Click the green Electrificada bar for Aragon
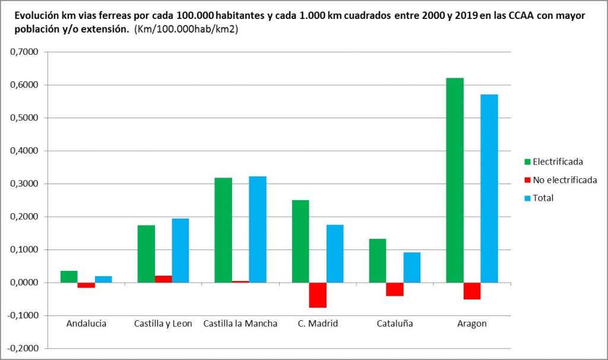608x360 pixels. (455, 180)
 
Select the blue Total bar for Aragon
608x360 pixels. (489, 188)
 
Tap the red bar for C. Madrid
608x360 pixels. (318, 295)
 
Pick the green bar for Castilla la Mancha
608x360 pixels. (223, 230)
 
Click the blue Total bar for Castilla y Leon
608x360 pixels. (180, 250)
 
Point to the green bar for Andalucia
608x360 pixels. (69, 277)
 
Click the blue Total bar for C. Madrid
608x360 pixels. (335, 254)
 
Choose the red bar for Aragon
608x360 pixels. (472, 291)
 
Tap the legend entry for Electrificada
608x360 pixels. (558, 162)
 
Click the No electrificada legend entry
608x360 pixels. (565, 180)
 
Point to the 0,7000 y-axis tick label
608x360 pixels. (24, 52)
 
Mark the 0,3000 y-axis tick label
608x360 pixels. (24, 184)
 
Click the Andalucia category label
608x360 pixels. (86, 324)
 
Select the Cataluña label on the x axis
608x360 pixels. (395, 324)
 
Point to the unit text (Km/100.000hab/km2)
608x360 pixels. (186, 30)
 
